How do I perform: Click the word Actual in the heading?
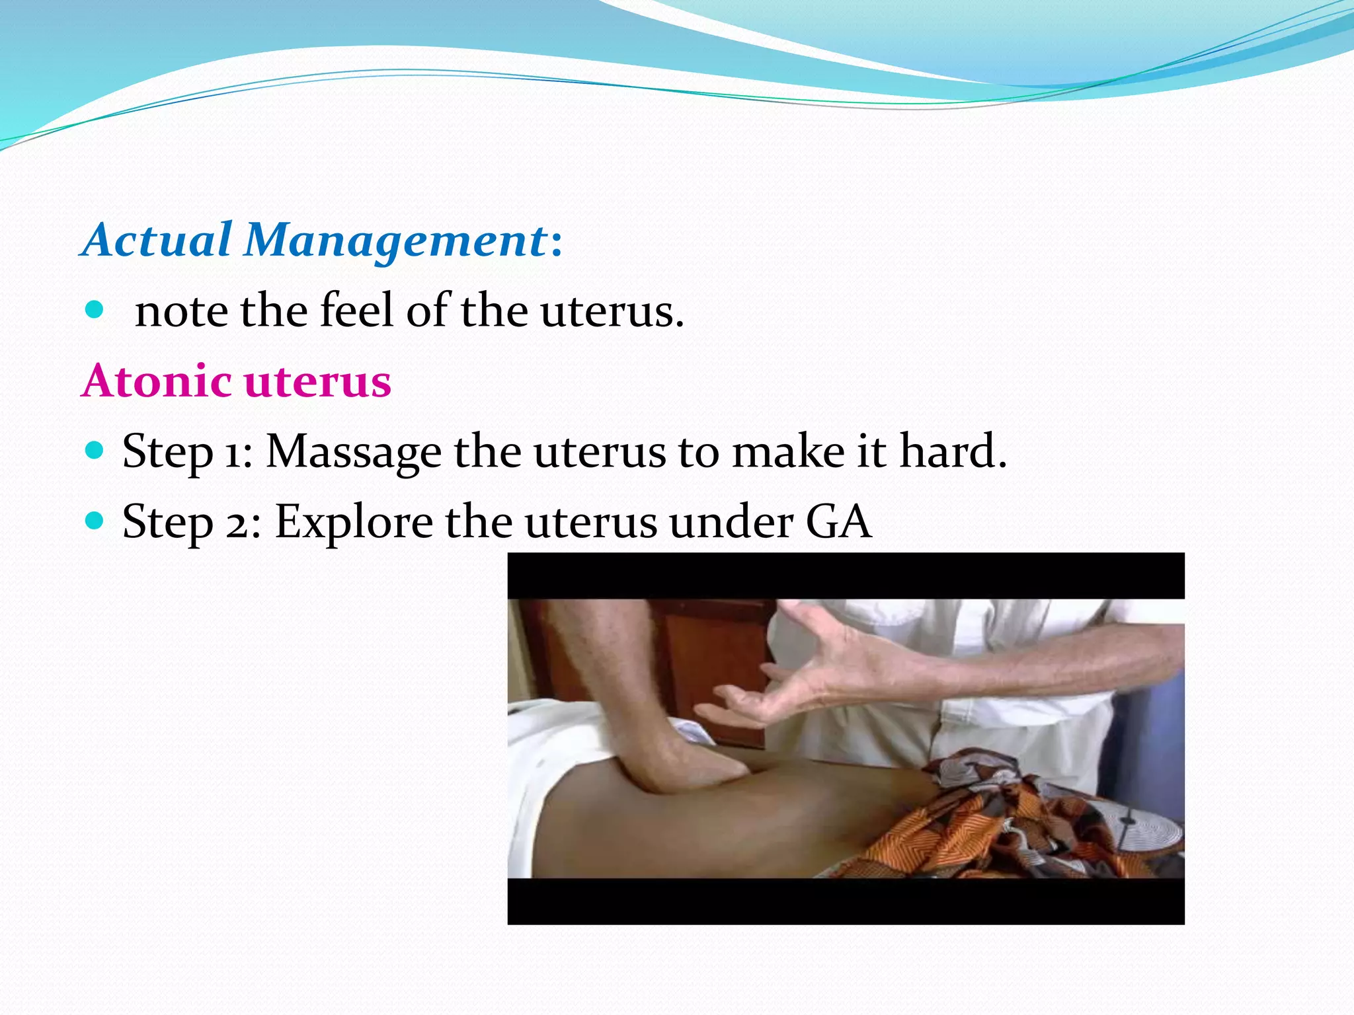[157, 239]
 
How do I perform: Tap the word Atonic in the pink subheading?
[156, 381]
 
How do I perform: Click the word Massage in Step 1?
[353, 453]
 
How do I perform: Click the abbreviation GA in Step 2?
[838, 522]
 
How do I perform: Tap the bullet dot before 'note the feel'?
[95, 309]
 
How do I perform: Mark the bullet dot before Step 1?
[95, 451]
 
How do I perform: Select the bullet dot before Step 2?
[95, 521]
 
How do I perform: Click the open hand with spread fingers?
[813, 667]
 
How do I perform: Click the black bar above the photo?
[846, 576]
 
